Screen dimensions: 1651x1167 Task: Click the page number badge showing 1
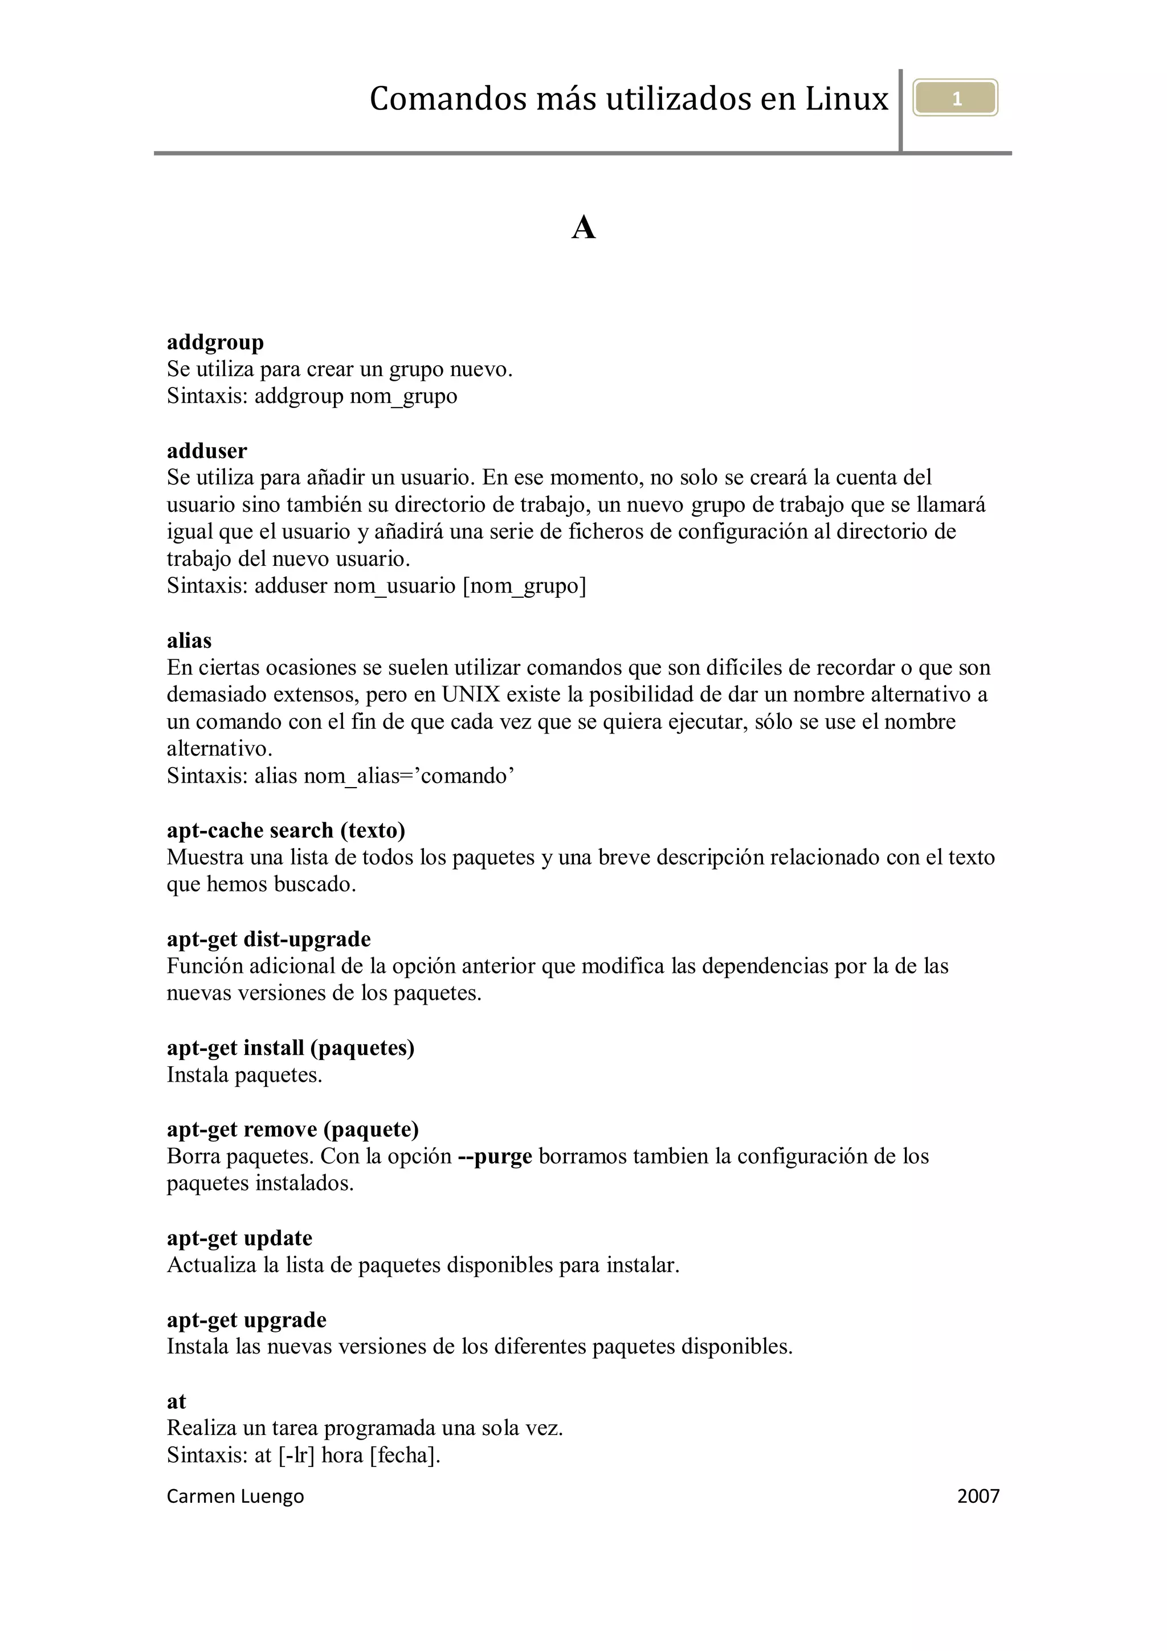[x=955, y=99]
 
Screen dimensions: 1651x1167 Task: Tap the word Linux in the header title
[x=846, y=99]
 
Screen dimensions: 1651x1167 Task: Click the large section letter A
[x=583, y=229]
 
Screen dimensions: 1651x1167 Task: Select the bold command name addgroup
[x=215, y=343]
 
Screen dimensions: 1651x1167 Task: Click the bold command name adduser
[x=206, y=451]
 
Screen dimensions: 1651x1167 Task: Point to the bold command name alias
[x=189, y=641]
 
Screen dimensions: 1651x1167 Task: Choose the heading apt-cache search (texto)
[x=285, y=830]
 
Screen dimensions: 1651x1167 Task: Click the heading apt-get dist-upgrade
[x=268, y=939]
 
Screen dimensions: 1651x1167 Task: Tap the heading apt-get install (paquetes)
[x=291, y=1047]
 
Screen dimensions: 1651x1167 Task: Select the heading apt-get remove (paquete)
[x=293, y=1130]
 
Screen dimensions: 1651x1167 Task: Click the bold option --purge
[x=495, y=1156]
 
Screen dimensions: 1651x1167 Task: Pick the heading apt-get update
[x=239, y=1238]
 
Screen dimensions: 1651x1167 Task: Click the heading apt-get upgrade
[x=246, y=1320]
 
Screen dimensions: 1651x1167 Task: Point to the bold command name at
[x=176, y=1401]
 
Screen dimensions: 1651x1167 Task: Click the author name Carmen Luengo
[x=235, y=1497]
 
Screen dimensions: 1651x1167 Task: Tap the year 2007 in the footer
[x=978, y=1497]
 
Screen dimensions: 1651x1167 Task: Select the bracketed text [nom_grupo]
[x=524, y=586]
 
